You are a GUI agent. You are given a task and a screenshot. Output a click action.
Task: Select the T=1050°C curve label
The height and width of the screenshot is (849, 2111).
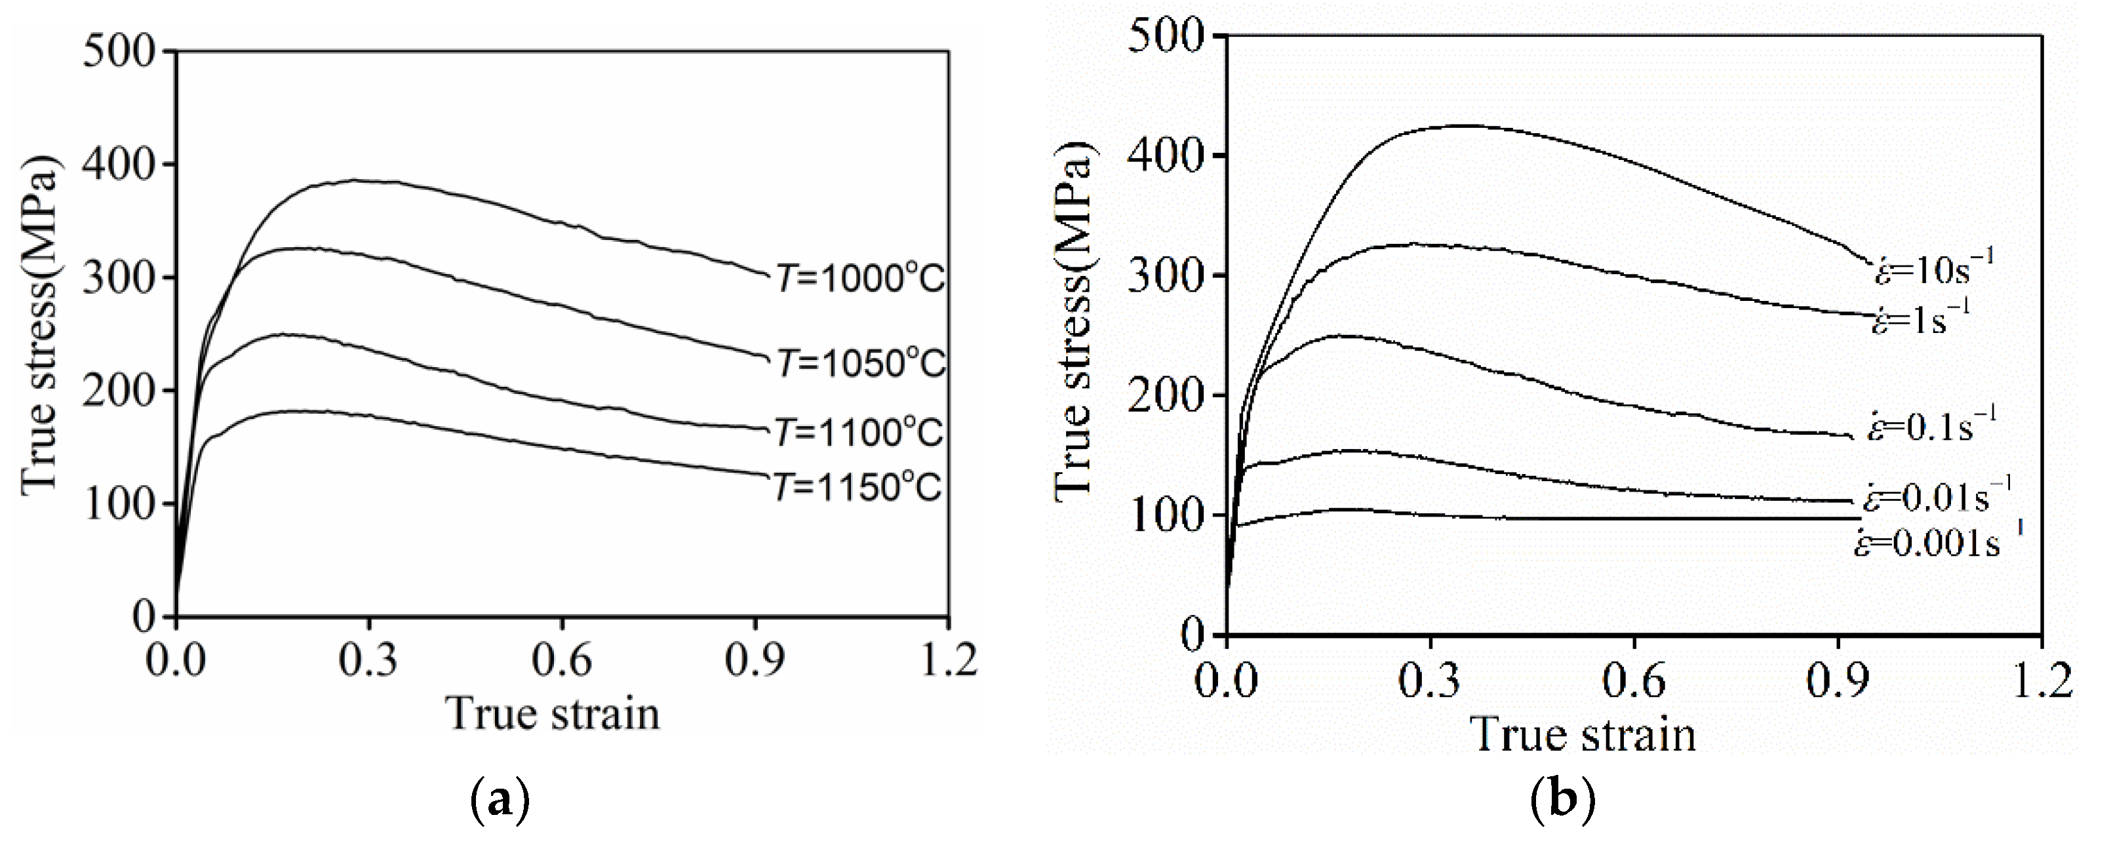click(x=860, y=363)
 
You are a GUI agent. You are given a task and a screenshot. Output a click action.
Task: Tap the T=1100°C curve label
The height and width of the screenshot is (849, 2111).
click(x=860, y=432)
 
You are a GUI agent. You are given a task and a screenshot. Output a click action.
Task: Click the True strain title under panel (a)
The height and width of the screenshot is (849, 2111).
click(x=553, y=713)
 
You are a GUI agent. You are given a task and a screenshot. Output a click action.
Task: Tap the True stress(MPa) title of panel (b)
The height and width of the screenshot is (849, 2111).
click(x=1074, y=328)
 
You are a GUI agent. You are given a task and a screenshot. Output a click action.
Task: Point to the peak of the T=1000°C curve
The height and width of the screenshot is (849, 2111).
click(x=353, y=180)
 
